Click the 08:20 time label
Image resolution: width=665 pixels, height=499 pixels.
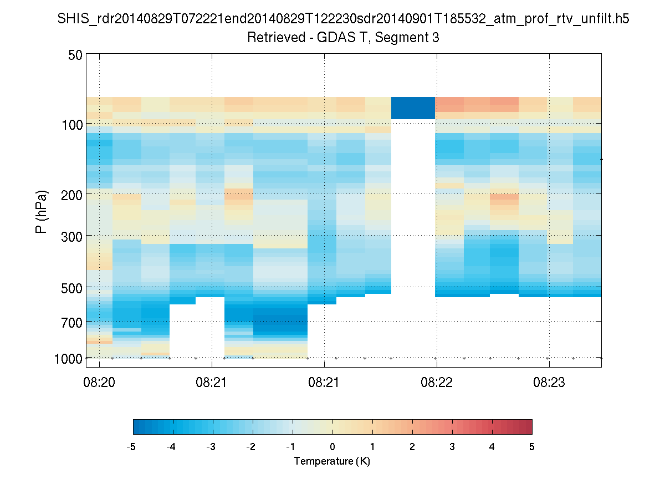pos(99,384)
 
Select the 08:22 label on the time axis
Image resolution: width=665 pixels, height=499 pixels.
pos(437,384)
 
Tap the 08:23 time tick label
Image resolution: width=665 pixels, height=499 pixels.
pos(549,384)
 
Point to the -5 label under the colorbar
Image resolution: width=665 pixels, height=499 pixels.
pos(131,447)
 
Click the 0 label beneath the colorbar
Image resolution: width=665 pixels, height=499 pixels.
pos(332,447)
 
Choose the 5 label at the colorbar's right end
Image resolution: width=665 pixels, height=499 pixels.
pos(532,447)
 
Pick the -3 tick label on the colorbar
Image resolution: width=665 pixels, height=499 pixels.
pos(211,447)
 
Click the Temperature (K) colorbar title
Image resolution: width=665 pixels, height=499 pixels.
pos(332,461)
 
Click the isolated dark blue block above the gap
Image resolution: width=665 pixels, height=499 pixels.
pos(413,108)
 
